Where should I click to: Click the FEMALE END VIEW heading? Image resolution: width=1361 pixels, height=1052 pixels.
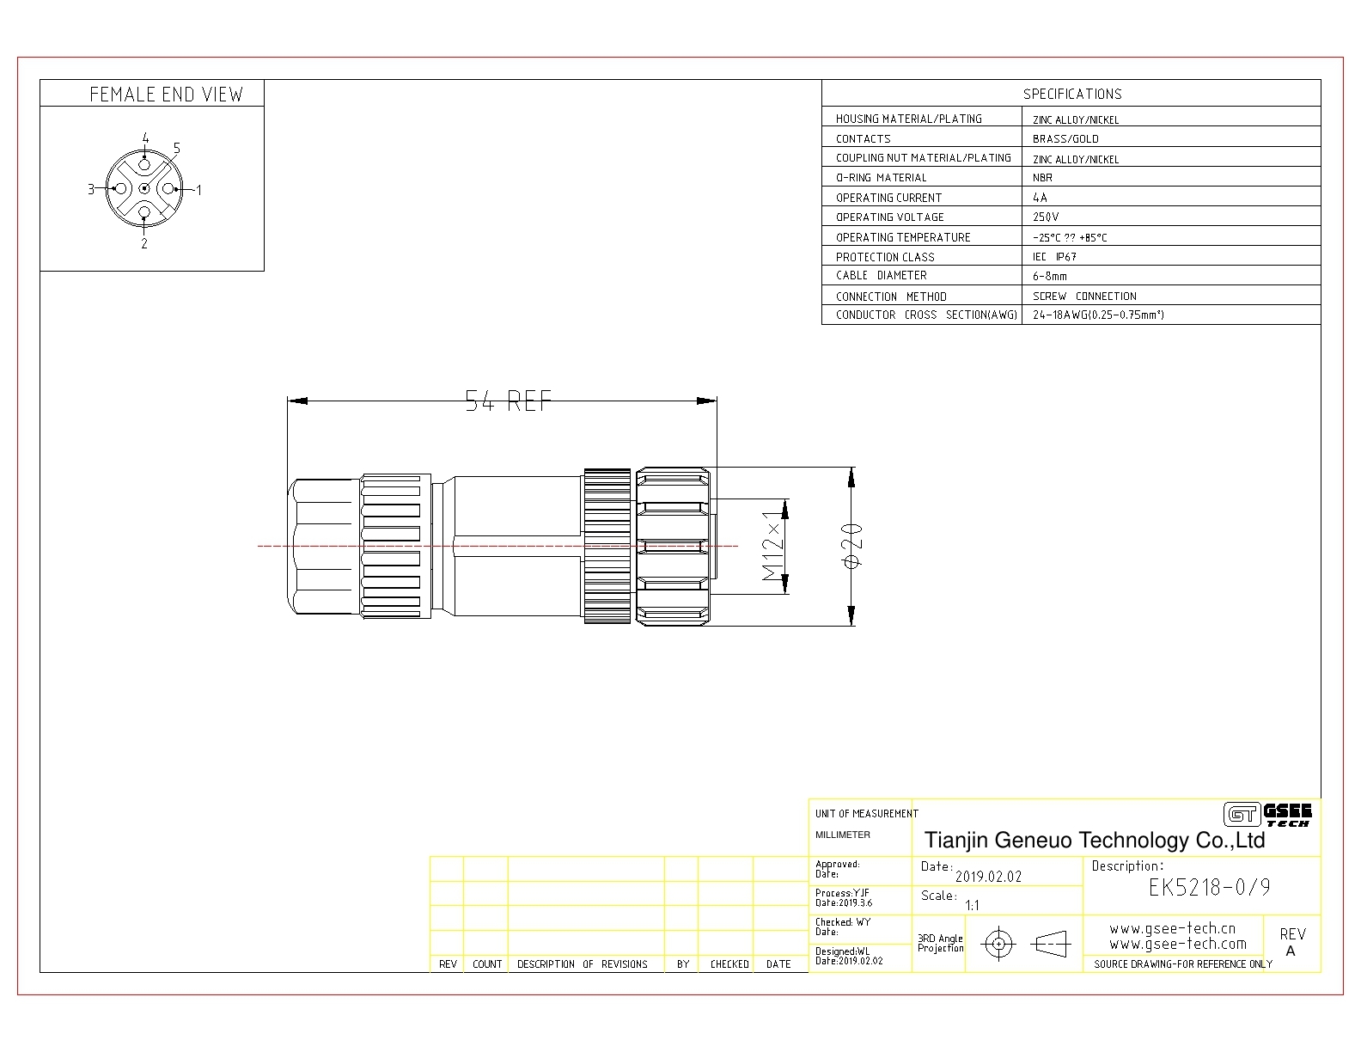(166, 95)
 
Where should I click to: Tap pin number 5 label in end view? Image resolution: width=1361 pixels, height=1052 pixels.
(177, 149)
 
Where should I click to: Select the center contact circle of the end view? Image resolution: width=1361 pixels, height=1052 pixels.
(144, 188)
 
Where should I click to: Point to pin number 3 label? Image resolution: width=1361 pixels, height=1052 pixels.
(91, 188)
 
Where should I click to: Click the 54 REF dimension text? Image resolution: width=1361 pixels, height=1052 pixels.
(508, 401)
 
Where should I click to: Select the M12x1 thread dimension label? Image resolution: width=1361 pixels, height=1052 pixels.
(772, 546)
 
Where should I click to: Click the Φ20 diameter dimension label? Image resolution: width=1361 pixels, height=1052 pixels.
(852, 546)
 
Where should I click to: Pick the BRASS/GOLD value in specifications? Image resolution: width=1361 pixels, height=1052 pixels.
(1065, 139)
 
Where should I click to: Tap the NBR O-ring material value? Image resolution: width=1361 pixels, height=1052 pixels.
(1043, 178)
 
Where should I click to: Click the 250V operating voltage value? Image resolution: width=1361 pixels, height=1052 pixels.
(1046, 217)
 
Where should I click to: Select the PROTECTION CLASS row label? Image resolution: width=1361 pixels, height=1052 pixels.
(885, 257)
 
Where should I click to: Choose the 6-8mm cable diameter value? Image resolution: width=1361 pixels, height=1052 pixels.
(1050, 276)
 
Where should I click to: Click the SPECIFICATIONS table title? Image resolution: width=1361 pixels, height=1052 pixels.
(1072, 94)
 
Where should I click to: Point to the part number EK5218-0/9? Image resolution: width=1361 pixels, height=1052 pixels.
(1210, 887)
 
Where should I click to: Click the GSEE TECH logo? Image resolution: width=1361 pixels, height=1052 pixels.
(1267, 815)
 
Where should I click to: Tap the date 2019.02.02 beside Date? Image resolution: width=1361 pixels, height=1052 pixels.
(988, 877)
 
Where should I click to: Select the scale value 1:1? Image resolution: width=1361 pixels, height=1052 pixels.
(972, 905)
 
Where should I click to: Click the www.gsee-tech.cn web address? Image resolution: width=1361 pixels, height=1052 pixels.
(1173, 928)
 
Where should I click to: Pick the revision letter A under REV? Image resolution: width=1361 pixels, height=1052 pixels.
(1291, 951)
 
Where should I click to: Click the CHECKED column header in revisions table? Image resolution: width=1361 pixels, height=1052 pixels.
(729, 964)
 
